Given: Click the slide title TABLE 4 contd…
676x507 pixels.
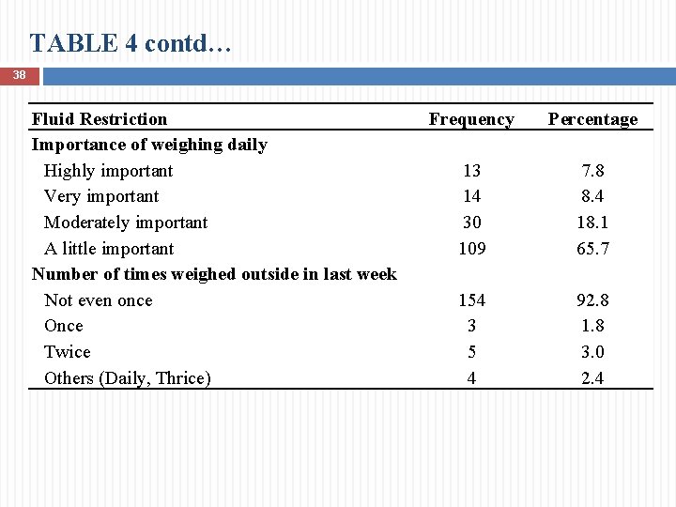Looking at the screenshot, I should (x=130, y=43).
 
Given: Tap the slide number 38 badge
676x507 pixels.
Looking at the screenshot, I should (x=19, y=74).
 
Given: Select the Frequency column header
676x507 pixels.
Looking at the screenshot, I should (x=471, y=119).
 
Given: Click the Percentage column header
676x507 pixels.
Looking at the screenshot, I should (x=592, y=119).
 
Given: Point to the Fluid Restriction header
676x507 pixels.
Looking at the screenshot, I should (x=100, y=119).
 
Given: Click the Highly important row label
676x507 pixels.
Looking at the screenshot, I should (x=108, y=171).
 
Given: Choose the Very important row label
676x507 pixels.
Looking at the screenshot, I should (x=101, y=196).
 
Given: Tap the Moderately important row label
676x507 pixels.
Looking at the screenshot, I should (x=126, y=223).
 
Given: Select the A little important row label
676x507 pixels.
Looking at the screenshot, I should (x=109, y=249).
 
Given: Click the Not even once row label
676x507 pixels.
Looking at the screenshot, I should (x=98, y=300).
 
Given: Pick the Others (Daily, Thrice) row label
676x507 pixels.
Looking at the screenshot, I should (x=128, y=378).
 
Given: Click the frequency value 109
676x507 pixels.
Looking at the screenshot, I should (x=471, y=249).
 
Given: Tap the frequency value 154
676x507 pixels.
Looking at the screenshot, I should (x=471, y=300).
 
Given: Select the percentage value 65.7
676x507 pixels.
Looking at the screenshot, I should (x=592, y=249).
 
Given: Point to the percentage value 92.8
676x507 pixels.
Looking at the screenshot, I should (x=592, y=300).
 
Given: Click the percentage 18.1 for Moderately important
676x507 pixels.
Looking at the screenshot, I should (x=592, y=223).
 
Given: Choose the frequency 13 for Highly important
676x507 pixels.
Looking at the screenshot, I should (x=471, y=171).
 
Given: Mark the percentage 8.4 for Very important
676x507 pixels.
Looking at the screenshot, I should (x=592, y=196).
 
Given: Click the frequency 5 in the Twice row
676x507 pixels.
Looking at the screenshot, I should (x=471, y=352).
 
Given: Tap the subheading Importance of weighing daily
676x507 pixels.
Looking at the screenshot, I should (x=149, y=145).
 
